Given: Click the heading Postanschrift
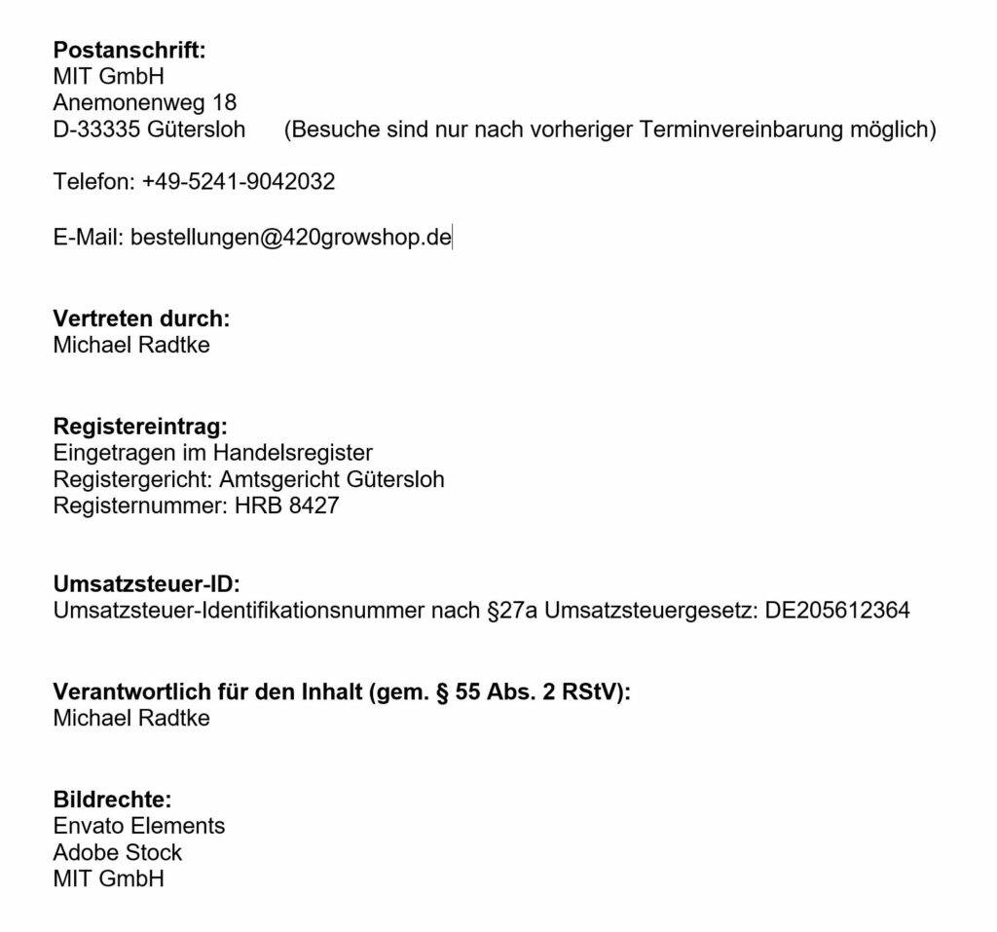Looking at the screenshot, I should (x=129, y=51).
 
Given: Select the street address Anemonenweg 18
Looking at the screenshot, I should (x=144, y=102).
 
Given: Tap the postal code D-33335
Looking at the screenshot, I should (x=96, y=130).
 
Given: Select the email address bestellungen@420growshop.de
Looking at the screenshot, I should (x=290, y=237).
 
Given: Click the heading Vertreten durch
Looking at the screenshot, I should (x=141, y=318).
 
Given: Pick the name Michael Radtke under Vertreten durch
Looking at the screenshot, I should (x=131, y=345).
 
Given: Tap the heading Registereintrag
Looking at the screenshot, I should (x=140, y=427).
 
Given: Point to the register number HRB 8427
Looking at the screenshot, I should (x=286, y=505).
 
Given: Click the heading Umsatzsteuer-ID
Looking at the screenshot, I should (x=146, y=584).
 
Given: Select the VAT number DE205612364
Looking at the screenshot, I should (x=837, y=612).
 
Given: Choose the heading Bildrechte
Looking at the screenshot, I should (x=112, y=800).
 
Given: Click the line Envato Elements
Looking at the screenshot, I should (x=139, y=826).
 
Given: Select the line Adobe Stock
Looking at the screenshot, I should (x=118, y=852).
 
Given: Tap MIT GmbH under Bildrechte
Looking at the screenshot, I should (x=109, y=878).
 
